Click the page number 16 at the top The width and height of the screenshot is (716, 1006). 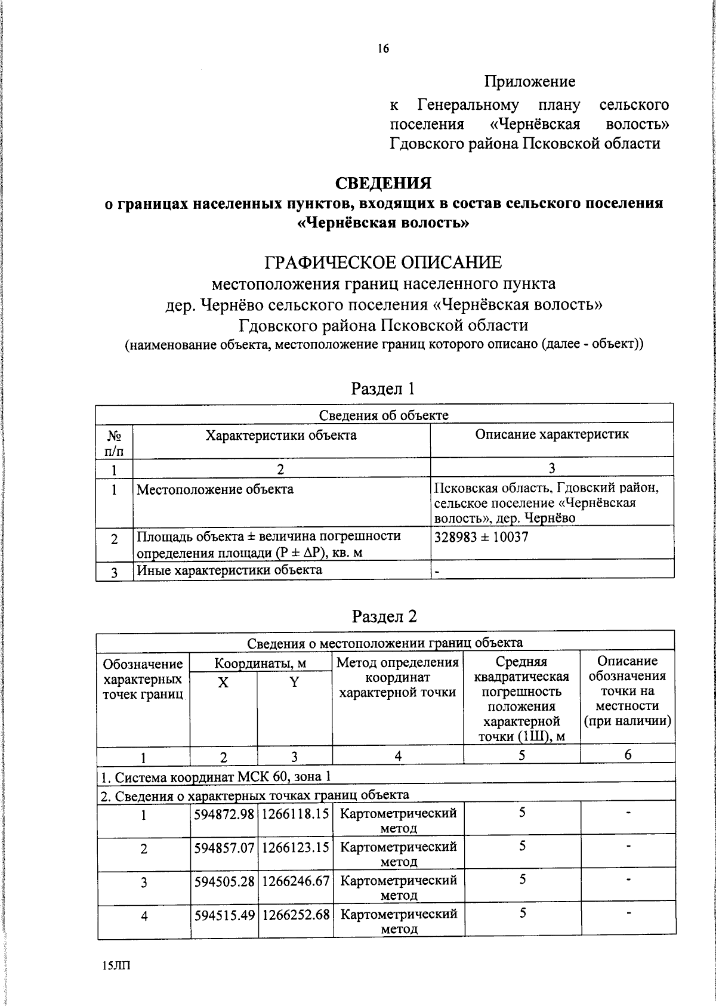click(x=383, y=49)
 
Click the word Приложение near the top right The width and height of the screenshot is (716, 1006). click(x=529, y=81)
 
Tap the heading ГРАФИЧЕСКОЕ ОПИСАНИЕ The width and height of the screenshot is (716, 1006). click(x=383, y=262)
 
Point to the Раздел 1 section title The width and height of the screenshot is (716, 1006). click(x=382, y=389)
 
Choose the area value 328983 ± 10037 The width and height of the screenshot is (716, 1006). click(x=481, y=537)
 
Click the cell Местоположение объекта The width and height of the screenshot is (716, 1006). click(x=215, y=490)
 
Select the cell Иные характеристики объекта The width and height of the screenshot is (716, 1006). click(x=229, y=570)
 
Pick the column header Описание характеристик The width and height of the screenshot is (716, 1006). click(x=551, y=434)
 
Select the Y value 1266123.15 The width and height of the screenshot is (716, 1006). click(x=295, y=847)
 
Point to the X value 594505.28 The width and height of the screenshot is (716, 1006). click(x=224, y=881)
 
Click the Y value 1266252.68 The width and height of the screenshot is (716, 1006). click(x=295, y=914)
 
